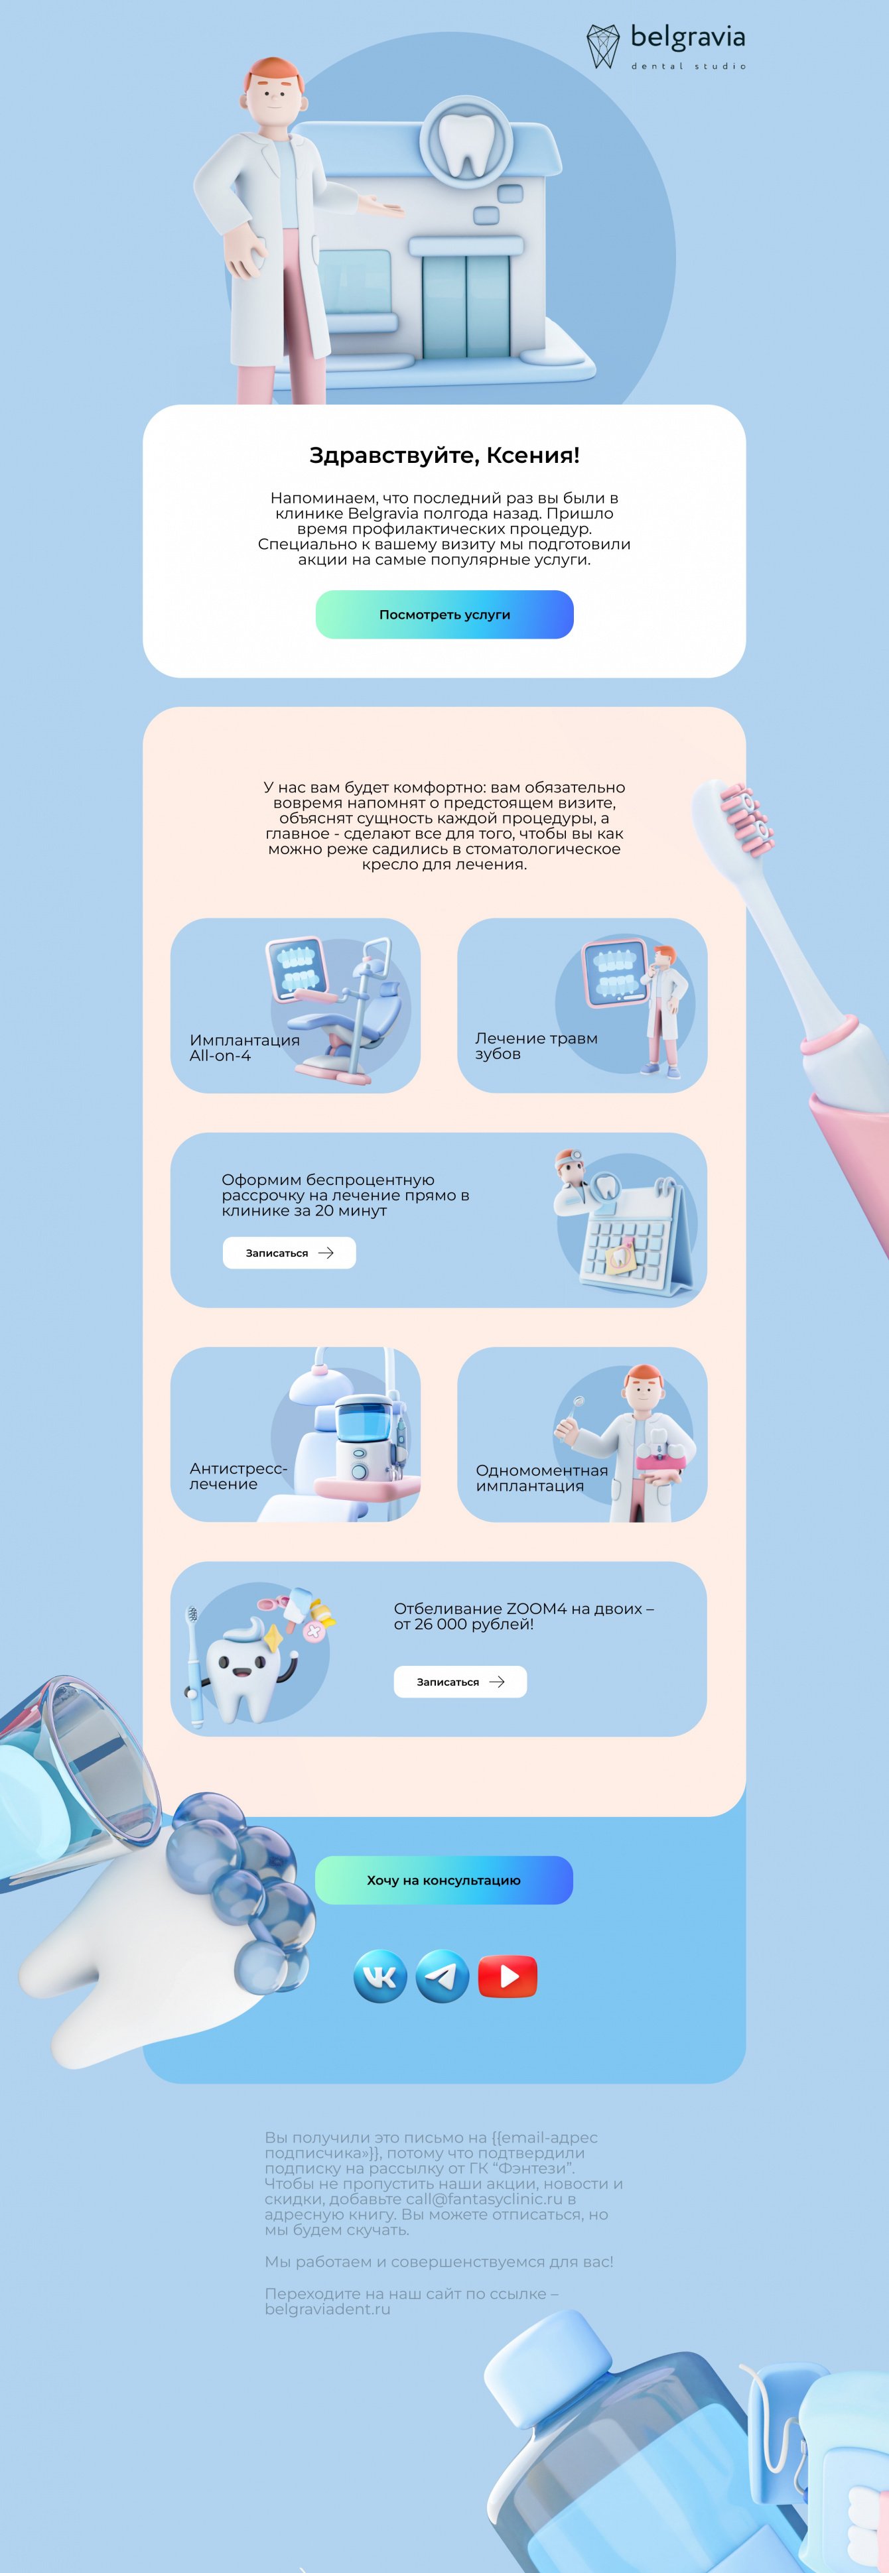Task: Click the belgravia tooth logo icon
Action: (x=602, y=46)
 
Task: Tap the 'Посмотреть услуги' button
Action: (x=444, y=614)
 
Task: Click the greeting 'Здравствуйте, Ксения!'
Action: (x=444, y=456)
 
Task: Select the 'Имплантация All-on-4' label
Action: (x=245, y=1048)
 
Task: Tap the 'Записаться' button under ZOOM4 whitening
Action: (x=460, y=1682)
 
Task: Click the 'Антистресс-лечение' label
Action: (x=238, y=1476)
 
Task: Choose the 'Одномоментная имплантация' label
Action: (x=541, y=1477)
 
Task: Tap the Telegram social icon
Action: (x=441, y=1976)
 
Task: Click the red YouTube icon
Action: (x=508, y=1976)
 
